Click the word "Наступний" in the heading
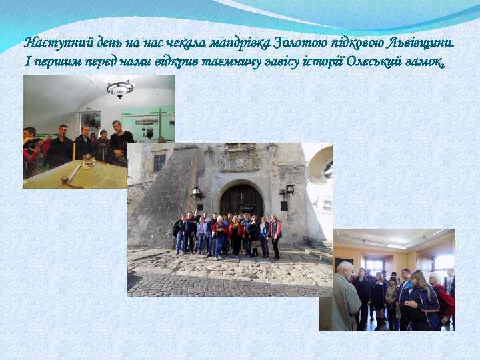coord(49,44)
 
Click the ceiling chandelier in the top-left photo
coord(120,88)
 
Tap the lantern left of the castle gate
coord(197,193)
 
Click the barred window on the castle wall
coord(159,162)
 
